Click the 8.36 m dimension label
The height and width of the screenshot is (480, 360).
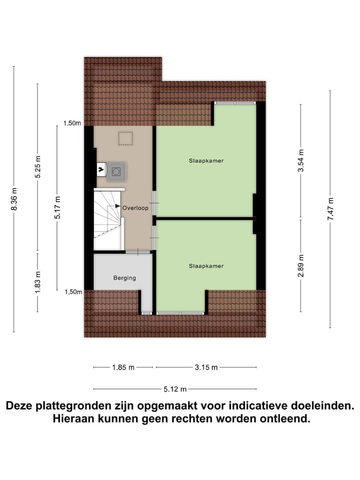(14, 199)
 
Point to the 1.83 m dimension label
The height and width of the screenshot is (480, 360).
(38, 282)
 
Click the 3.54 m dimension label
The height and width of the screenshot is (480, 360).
(300, 161)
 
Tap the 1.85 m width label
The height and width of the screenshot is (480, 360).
(122, 367)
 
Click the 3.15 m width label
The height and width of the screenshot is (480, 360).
(206, 367)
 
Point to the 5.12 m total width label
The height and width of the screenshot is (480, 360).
(175, 389)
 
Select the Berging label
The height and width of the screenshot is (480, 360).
(124, 278)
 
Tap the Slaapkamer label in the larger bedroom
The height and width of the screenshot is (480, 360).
(206, 161)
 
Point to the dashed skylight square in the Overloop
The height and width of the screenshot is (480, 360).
(125, 138)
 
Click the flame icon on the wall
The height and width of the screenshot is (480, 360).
(102, 170)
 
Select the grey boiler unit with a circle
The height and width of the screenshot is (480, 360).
(116, 171)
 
